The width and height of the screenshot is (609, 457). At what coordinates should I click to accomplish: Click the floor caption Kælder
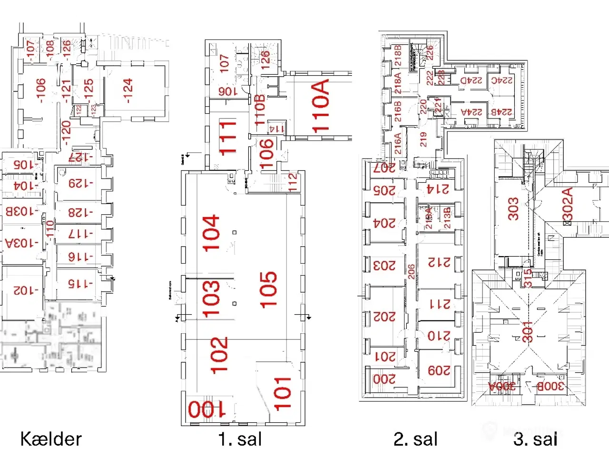click(51, 439)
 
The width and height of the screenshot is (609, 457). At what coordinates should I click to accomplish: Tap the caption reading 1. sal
click(240, 439)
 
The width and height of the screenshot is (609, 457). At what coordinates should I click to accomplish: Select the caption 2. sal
click(415, 439)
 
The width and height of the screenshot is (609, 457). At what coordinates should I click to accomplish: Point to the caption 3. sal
click(535, 439)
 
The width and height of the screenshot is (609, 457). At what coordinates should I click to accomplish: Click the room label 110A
click(321, 106)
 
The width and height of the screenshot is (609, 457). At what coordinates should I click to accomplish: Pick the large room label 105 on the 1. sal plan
click(268, 289)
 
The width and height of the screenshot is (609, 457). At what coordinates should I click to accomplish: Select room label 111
click(227, 137)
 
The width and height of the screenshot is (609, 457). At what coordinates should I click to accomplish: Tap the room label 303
click(513, 209)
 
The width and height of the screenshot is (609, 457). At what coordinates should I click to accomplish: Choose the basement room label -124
click(128, 90)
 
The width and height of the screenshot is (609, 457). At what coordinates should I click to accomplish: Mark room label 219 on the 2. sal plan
click(423, 139)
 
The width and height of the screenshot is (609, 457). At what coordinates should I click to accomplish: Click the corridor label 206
click(411, 271)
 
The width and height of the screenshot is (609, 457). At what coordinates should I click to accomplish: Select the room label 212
click(439, 262)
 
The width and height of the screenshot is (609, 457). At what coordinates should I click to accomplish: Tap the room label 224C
click(502, 81)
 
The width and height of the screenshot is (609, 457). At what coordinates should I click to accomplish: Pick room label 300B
click(550, 386)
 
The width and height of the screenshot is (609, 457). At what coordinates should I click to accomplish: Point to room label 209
click(439, 370)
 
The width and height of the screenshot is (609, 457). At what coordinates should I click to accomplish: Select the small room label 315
click(527, 278)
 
